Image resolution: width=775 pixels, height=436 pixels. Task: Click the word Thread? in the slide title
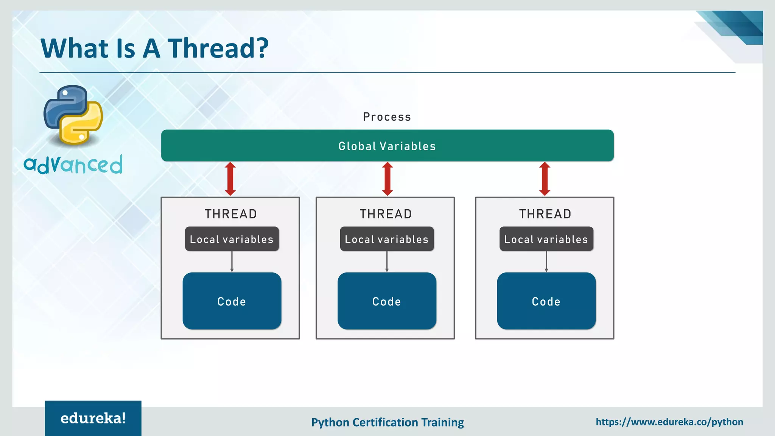click(218, 48)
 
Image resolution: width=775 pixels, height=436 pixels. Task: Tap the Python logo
click(73, 115)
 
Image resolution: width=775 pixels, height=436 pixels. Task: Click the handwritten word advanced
click(73, 164)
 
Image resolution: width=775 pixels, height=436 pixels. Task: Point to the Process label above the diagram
click(387, 117)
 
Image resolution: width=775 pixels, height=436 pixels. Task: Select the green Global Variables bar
click(387, 146)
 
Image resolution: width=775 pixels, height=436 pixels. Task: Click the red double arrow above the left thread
click(230, 179)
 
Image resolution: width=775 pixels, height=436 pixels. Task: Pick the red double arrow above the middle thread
click(387, 179)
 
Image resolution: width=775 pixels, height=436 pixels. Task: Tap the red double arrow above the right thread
click(545, 179)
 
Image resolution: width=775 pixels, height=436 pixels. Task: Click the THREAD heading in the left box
click(231, 214)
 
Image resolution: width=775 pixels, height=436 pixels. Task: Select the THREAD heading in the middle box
click(386, 214)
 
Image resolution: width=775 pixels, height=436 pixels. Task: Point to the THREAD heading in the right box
click(545, 214)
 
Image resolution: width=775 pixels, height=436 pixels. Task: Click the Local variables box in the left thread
click(232, 239)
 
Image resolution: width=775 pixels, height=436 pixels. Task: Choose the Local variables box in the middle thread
click(387, 239)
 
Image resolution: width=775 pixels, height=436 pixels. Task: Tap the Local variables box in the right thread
click(546, 239)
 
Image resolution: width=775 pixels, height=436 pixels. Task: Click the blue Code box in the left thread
click(232, 301)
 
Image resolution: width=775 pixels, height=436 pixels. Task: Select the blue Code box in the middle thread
click(387, 301)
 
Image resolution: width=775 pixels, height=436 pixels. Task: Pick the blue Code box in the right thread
click(546, 301)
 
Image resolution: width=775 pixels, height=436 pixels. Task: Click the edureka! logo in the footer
click(93, 418)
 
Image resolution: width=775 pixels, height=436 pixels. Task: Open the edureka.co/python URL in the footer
click(669, 422)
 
